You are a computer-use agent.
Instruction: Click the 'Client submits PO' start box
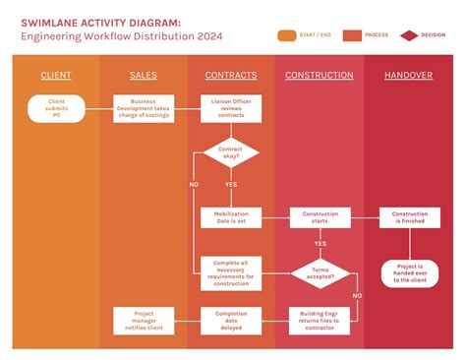click(56, 108)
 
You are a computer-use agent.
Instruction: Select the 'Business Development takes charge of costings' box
click(143, 108)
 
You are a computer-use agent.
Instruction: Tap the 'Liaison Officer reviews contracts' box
click(231, 108)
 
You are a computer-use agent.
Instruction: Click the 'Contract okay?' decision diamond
click(231, 152)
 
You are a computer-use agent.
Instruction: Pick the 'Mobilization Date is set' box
click(231, 217)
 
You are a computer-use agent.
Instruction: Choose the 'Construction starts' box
click(320, 217)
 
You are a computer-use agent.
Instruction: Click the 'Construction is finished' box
click(409, 217)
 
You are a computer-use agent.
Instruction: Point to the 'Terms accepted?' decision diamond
click(320, 273)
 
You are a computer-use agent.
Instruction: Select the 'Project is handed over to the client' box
click(409, 272)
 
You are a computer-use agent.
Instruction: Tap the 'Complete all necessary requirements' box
click(231, 272)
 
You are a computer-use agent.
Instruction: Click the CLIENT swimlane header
click(56, 76)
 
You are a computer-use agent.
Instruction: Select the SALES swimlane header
click(143, 76)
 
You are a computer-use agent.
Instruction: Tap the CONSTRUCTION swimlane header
click(320, 76)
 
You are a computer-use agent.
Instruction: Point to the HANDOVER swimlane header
click(409, 76)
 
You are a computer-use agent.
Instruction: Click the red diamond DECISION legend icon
click(409, 35)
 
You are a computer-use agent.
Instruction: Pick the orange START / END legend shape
click(287, 35)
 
